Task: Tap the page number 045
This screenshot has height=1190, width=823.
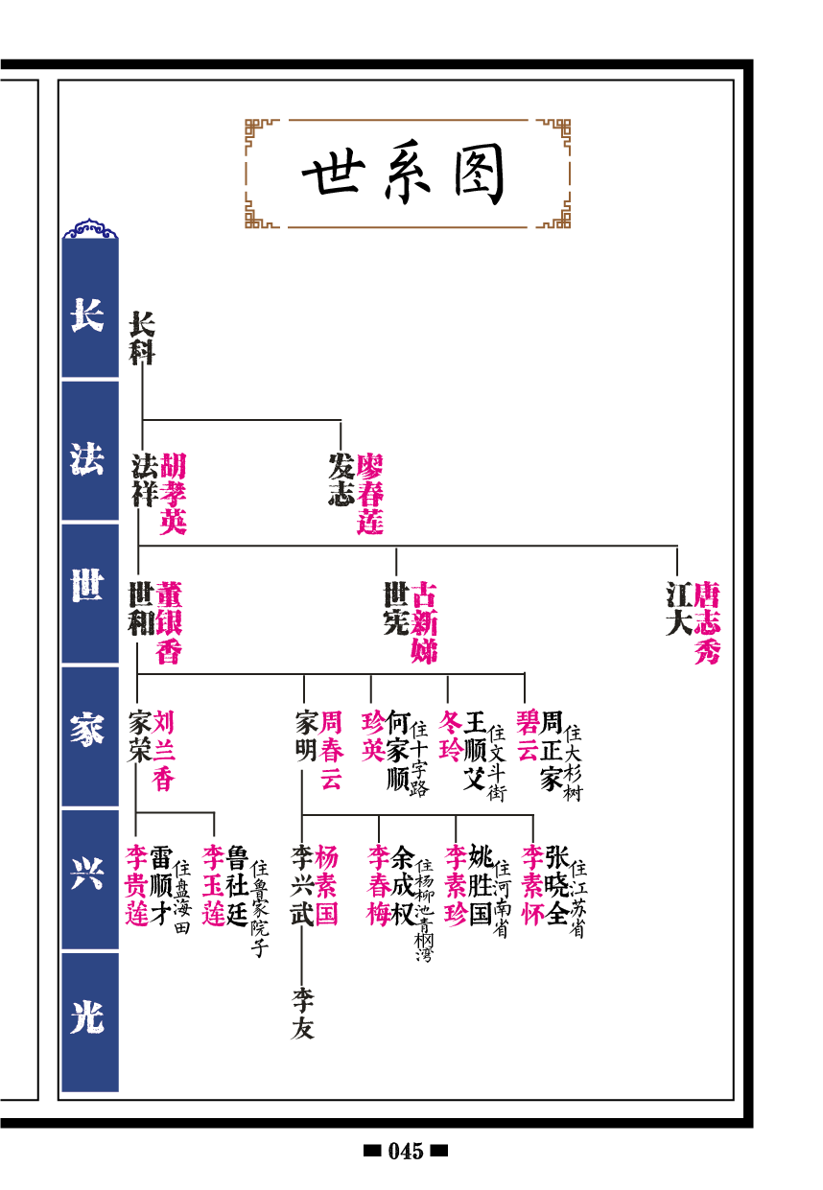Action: click(x=406, y=1152)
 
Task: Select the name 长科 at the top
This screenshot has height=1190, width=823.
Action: click(x=142, y=338)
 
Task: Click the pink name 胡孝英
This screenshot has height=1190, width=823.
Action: click(x=173, y=494)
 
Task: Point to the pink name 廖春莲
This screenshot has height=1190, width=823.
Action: click(x=370, y=494)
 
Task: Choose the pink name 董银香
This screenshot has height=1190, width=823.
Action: click(x=169, y=622)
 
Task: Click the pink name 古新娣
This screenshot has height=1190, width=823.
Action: click(x=424, y=622)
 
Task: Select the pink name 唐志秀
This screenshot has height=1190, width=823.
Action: click(x=707, y=622)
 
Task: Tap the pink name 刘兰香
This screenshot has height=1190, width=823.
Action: click(x=163, y=750)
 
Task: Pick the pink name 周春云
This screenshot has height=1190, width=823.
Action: click(x=331, y=750)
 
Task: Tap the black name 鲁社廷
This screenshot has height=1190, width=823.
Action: click(x=238, y=885)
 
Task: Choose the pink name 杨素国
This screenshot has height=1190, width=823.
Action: click(x=327, y=885)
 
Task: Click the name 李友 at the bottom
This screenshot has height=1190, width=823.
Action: click(x=303, y=1014)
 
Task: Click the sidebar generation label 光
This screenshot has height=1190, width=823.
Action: click(x=88, y=1018)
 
